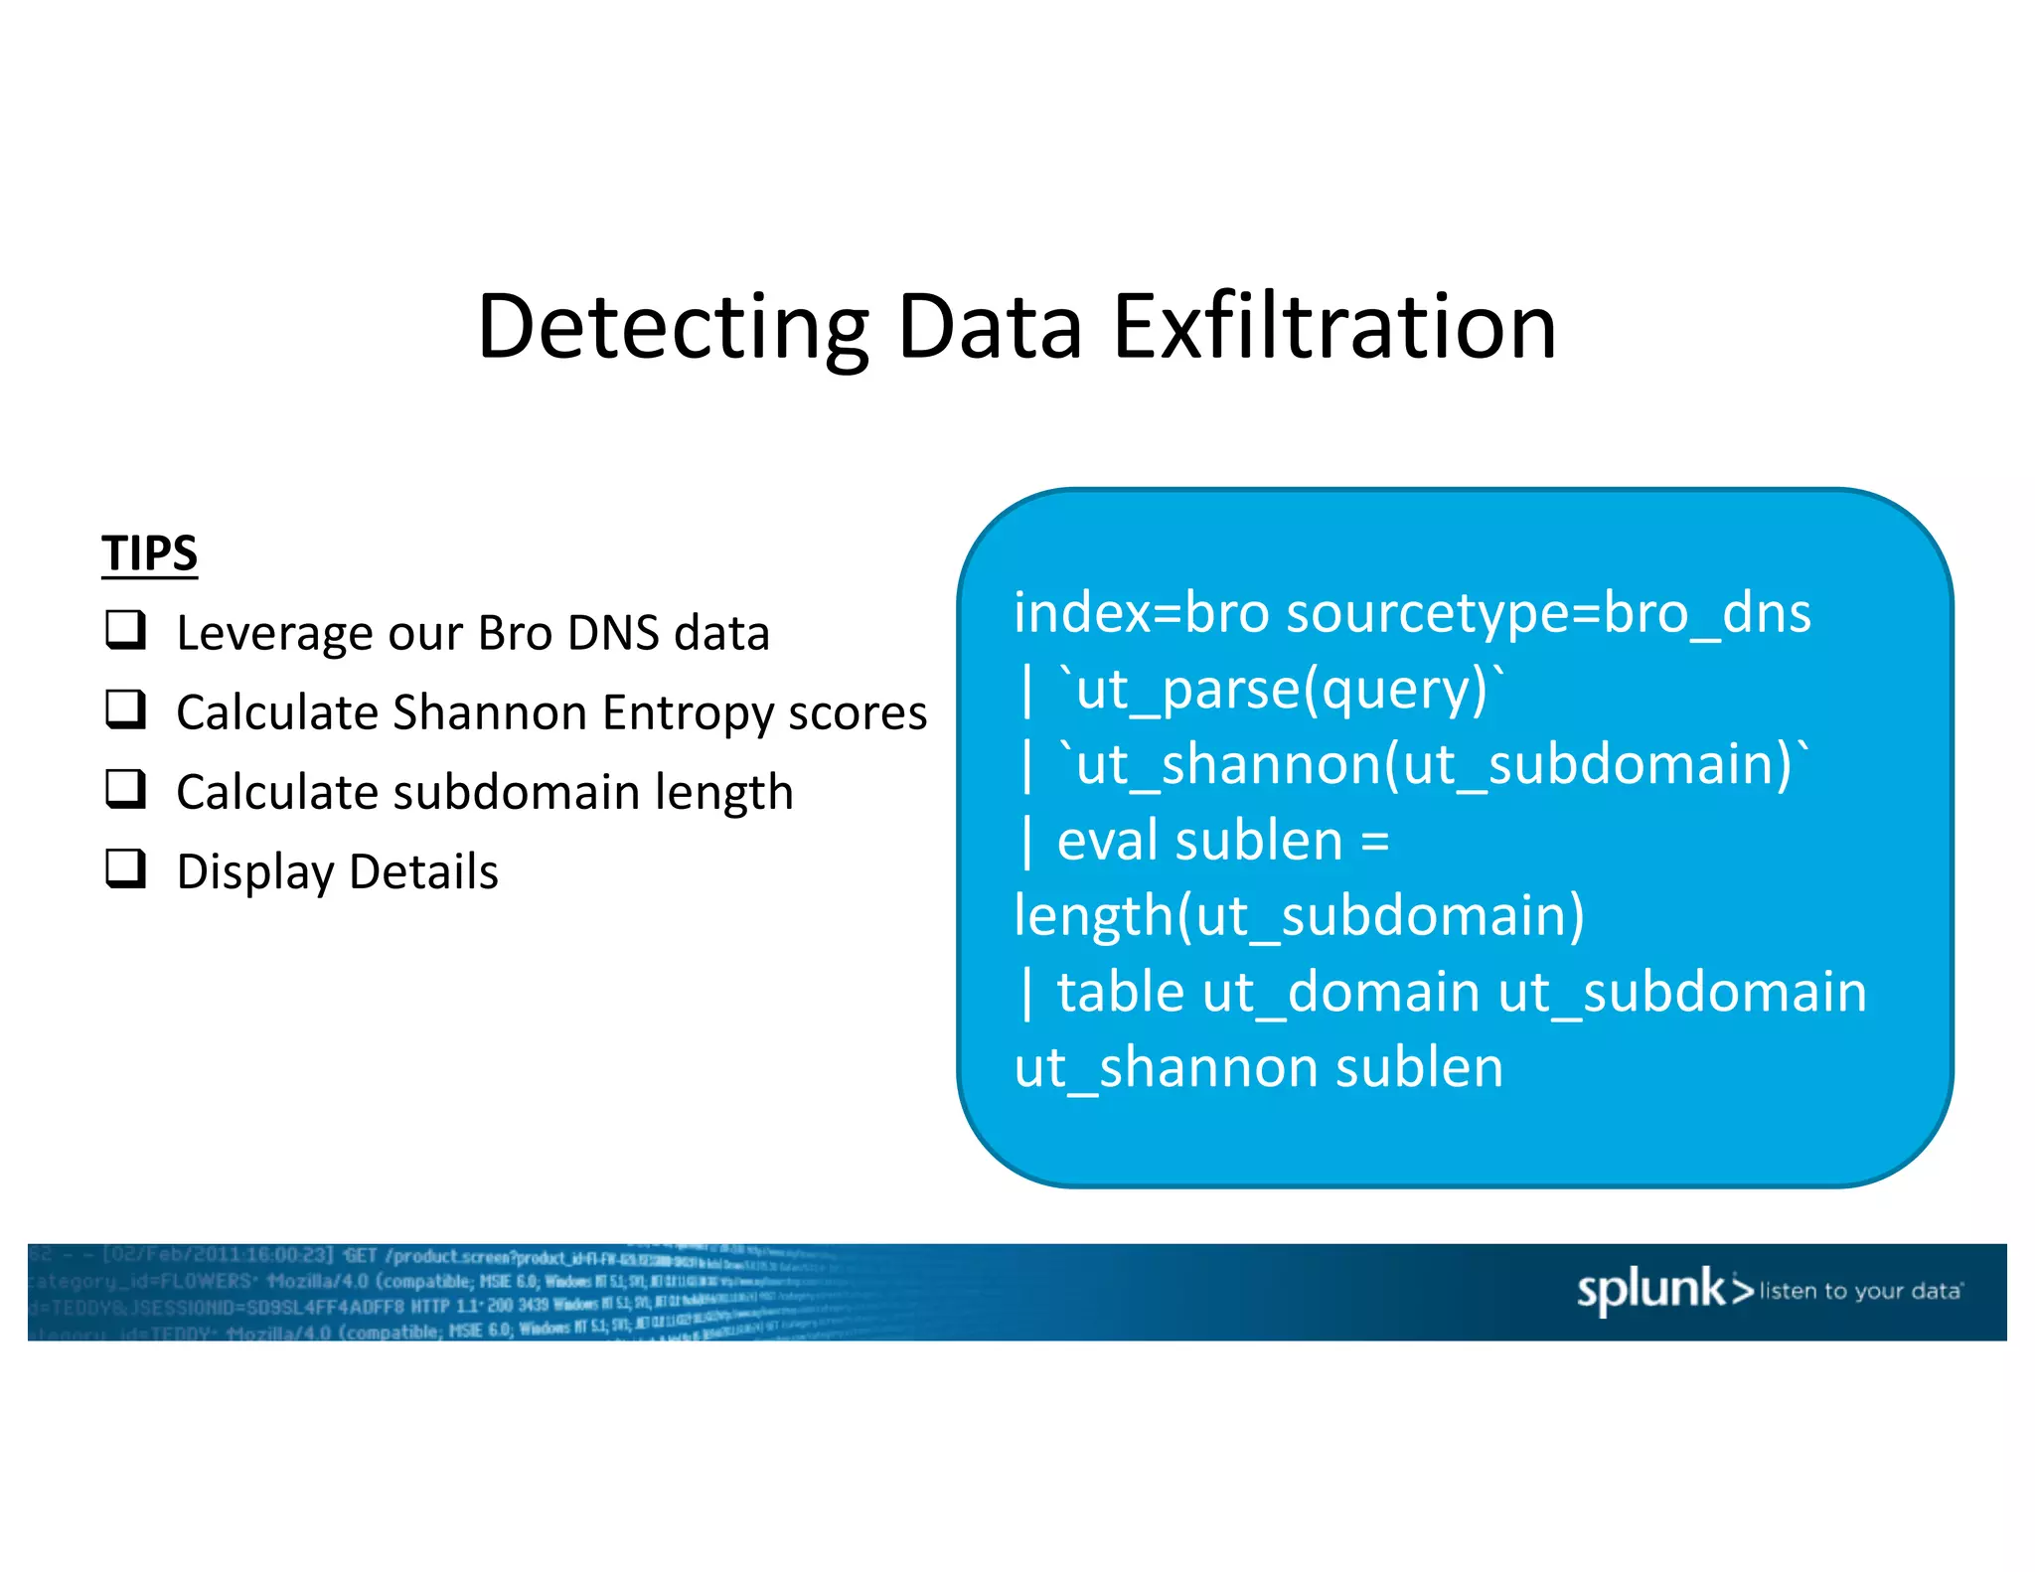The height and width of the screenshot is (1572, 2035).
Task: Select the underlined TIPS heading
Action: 149,553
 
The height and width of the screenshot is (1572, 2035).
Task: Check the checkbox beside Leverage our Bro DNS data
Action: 126,631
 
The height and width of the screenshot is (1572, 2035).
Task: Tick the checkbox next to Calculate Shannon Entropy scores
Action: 126,710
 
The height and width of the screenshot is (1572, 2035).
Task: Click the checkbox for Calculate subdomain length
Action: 126,790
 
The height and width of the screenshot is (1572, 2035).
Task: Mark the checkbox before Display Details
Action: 126,869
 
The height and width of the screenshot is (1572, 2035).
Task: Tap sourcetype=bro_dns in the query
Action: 1548,613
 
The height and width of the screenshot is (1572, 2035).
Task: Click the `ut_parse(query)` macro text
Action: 1282,689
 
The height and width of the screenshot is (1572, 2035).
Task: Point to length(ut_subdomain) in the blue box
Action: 1299,915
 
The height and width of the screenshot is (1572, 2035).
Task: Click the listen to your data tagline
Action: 1860,1291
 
